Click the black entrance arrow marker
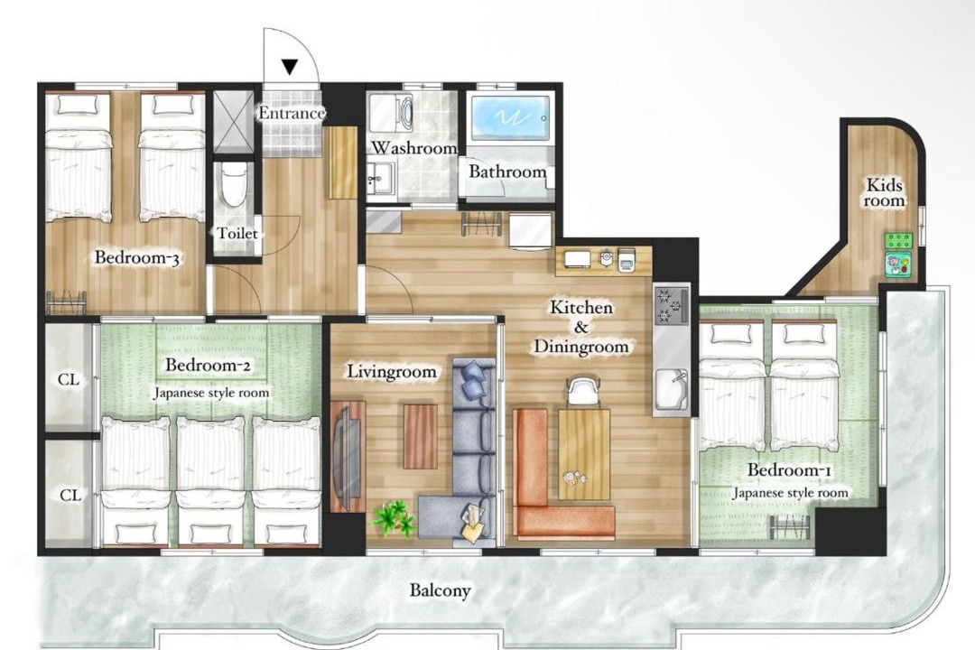point(290,66)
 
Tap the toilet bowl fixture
point(234,185)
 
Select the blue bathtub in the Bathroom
point(509,116)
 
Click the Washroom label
point(414,148)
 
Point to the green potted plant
point(393,518)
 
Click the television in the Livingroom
point(348,457)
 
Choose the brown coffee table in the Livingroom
point(421,436)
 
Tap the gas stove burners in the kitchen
point(671,305)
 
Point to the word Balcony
point(440,590)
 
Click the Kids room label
point(884,192)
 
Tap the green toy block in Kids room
point(898,240)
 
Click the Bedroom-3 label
point(137,257)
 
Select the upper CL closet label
point(69,379)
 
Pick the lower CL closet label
point(70,495)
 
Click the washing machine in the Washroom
point(391,113)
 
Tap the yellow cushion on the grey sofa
point(473,525)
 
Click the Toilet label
point(237,233)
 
